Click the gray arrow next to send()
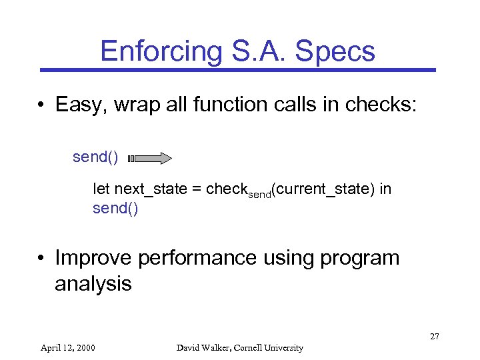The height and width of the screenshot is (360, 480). (x=150, y=158)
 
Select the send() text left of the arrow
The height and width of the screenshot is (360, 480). (x=95, y=157)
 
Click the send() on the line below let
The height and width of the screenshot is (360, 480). (x=115, y=208)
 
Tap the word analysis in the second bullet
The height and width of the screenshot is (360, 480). (x=93, y=284)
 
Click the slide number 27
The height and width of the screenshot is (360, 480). (x=434, y=336)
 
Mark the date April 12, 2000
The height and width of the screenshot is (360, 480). (x=67, y=347)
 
